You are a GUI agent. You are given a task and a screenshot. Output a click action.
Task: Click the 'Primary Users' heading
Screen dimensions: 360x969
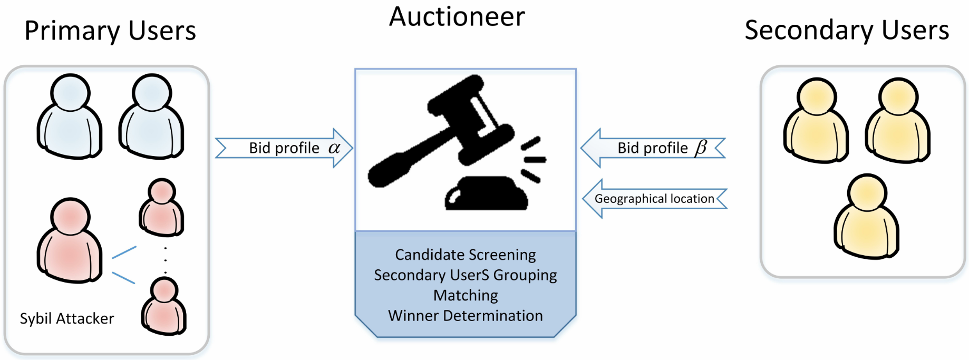110,31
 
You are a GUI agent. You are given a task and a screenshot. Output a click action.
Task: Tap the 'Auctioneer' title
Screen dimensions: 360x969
457,17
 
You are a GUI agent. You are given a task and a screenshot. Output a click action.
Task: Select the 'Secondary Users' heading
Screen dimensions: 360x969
847,30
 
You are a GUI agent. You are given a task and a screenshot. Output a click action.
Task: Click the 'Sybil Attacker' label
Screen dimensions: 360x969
67,319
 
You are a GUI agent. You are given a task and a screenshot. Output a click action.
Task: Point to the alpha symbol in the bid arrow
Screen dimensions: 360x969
334,148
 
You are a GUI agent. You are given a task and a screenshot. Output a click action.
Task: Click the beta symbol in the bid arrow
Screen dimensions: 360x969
701,148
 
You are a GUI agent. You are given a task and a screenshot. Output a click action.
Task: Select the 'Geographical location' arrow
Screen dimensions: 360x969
654,199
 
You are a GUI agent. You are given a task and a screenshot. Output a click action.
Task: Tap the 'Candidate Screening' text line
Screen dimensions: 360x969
466,255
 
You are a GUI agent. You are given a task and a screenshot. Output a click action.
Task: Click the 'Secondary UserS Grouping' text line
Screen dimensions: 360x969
466,275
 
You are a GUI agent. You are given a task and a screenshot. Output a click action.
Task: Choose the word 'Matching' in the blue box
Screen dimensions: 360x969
466,295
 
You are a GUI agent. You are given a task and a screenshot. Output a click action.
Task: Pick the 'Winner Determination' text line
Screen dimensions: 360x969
466,316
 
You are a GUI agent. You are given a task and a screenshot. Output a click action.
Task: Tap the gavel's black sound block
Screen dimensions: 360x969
486,194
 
